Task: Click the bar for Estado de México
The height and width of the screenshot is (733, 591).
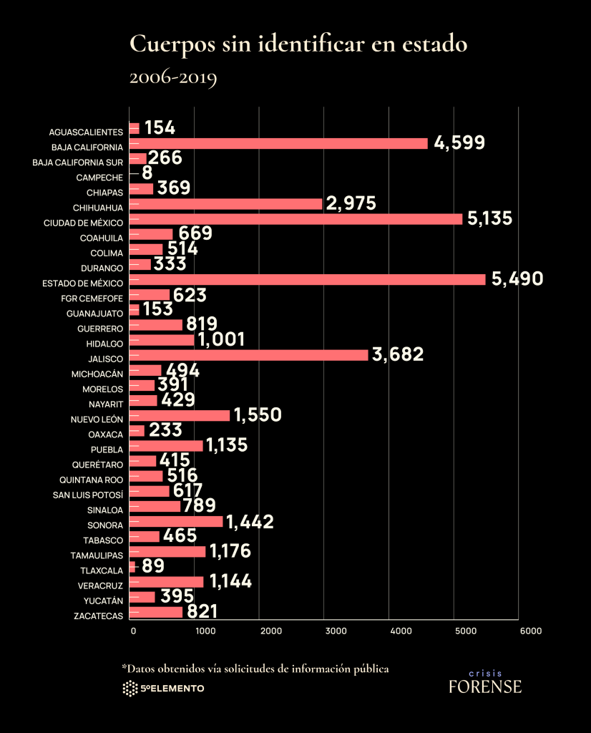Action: (308, 279)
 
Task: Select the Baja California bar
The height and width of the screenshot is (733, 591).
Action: (278, 143)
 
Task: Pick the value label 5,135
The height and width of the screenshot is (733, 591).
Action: (490, 218)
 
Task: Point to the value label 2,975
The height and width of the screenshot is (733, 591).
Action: (351, 203)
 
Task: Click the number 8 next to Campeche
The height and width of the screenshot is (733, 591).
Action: (147, 173)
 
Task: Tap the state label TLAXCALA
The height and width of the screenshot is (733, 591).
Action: (102, 571)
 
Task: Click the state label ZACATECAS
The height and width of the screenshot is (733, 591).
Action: (98, 616)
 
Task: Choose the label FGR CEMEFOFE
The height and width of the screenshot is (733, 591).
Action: (92, 298)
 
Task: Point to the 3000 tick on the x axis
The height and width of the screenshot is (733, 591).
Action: (324, 631)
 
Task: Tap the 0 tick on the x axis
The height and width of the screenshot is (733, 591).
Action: (133, 631)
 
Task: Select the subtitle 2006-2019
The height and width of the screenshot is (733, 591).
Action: (172, 77)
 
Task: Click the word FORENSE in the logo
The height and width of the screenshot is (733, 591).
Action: (485, 686)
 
